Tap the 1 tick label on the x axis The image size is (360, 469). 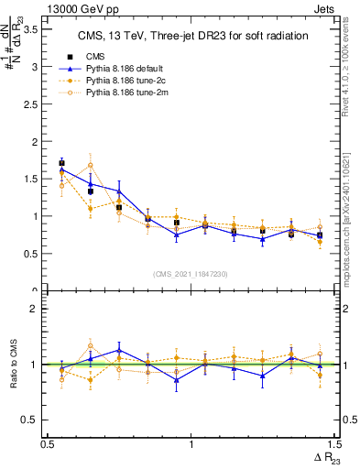[191, 443]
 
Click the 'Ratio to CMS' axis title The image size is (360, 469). [13, 365]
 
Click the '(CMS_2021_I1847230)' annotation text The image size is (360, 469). [191, 274]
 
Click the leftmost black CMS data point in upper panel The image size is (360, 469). [61, 163]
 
